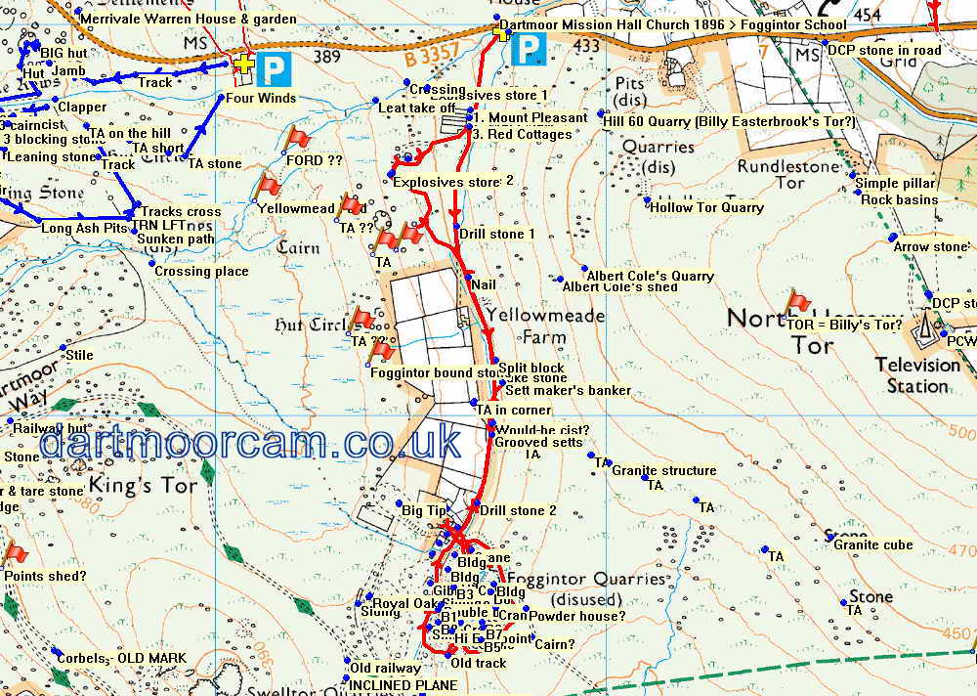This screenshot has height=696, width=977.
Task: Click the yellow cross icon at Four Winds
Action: [243, 63]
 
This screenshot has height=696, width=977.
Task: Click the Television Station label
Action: [916, 375]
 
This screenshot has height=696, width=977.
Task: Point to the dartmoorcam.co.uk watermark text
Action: [250, 443]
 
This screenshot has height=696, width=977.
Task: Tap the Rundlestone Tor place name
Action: [788, 174]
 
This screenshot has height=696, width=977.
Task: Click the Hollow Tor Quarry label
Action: [706, 207]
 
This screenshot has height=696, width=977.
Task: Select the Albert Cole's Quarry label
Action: [650, 276]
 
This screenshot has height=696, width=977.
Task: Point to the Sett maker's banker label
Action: [569, 390]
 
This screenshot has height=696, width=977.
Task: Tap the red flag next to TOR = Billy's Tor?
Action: [799, 302]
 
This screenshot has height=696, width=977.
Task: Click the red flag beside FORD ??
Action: [297, 139]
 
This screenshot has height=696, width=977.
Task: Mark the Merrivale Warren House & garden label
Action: [188, 19]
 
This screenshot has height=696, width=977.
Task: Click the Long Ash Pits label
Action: [85, 228]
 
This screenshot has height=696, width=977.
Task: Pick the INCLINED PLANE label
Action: [403, 685]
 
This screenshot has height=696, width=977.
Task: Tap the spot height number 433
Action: [587, 46]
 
